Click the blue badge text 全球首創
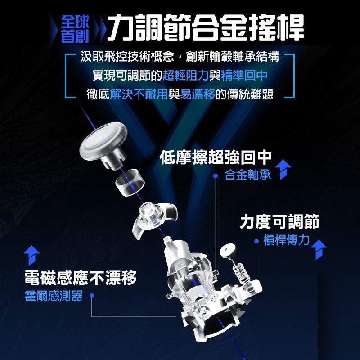click(75, 29)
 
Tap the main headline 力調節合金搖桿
click(206, 27)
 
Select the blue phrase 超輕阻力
click(186, 75)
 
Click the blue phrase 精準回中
click(244, 75)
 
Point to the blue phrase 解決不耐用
click(139, 94)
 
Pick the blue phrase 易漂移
click(198, 94)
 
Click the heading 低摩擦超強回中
click(216, 157)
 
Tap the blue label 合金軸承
click(248, 175)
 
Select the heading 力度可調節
click(279, 221)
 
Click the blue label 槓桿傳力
click(286, 240)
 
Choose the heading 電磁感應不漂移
click(81, 278)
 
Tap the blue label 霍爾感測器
click(54, 296)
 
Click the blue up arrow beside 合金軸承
click(283, 170)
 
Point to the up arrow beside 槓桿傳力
click(319, 250)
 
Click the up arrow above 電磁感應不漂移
click(31, 255)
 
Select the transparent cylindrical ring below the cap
click(130, 183)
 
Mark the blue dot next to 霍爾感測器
click(92, 296)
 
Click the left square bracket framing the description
click(70, 76)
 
